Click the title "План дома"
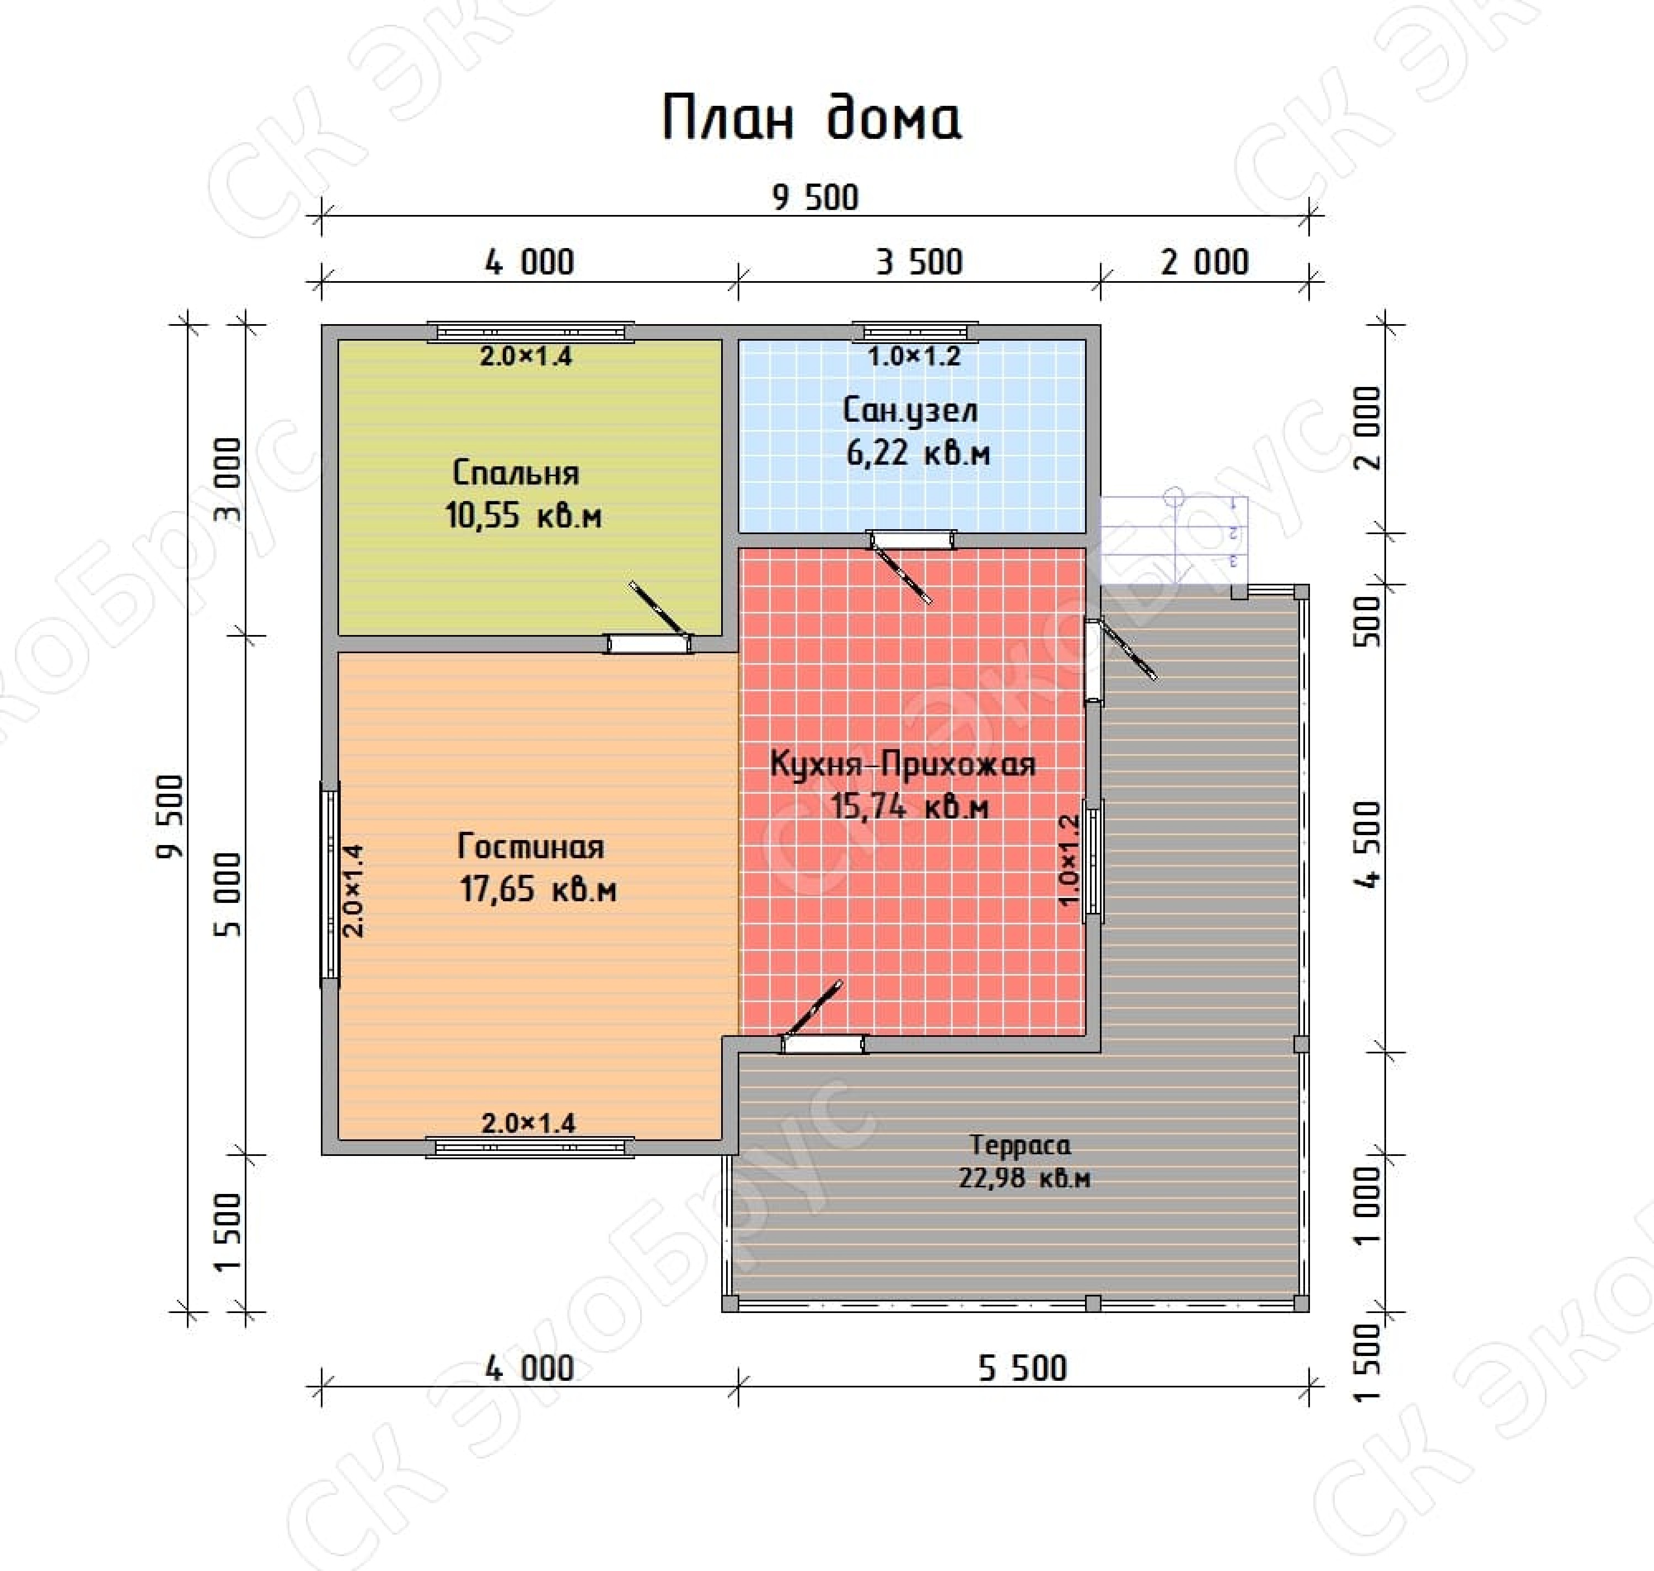pos(812,118)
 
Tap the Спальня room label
pos(516,473)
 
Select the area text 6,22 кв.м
pos(918,453)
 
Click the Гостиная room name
pos(531,847)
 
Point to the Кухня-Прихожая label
pos(903,764)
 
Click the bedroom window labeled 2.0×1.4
pos(530,332)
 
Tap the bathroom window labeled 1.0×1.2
pos(915,332)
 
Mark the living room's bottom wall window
pos(530,1147)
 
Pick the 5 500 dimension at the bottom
pos(1023,1368)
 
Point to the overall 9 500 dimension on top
pos(815,198)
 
